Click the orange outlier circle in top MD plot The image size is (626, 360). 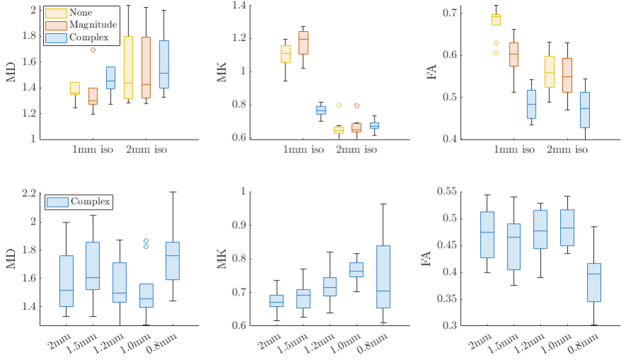[93, 50]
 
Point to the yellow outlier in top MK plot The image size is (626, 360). [339, 105]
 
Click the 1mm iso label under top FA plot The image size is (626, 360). [513, 150]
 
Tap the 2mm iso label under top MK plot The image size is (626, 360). [356, 150]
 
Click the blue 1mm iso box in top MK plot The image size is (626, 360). [321, 110]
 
